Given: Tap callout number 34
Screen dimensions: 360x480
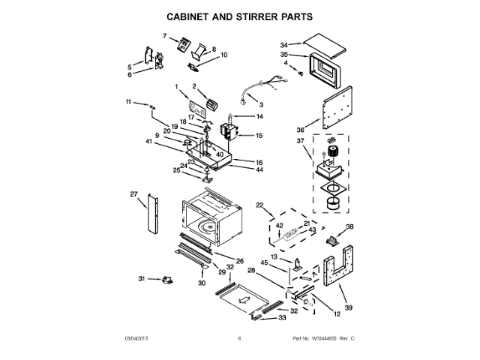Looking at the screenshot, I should [284, 44].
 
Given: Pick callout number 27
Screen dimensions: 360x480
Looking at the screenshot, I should [134, 194].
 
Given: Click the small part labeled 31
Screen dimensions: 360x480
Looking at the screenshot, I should [166, 279].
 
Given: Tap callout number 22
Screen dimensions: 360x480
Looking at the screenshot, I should [259, 205].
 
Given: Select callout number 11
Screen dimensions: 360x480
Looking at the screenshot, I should [128, 101].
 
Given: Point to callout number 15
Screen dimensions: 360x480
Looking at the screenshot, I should [259, 136].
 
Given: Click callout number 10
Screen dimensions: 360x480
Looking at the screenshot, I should [223, 55].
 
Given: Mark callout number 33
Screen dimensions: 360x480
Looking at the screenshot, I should [283, 318].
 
